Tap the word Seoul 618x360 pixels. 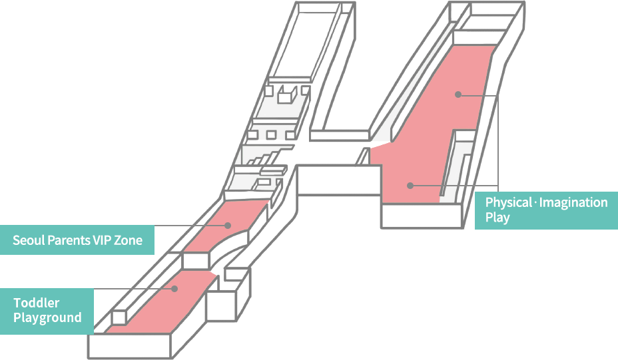point(27,240)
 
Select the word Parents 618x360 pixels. point(67,240)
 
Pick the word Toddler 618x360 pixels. point(37,303)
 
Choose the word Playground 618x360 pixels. point(47,317)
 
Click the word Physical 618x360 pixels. point(508,202)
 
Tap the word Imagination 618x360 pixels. point(573,202)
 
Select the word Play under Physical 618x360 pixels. point(497,218)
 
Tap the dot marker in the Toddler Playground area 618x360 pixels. point(174,289)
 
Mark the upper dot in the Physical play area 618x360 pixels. point(458,94)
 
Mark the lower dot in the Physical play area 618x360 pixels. point(411,185)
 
